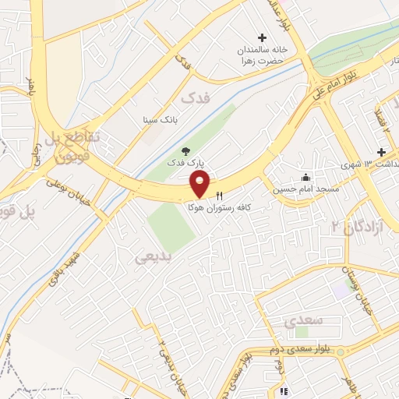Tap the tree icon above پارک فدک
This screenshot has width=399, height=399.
(185, 151)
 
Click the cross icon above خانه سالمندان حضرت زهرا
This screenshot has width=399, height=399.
(262, 37)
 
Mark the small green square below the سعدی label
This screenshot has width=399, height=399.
(301, 332)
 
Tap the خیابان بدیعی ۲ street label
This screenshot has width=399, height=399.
(164, 355)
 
